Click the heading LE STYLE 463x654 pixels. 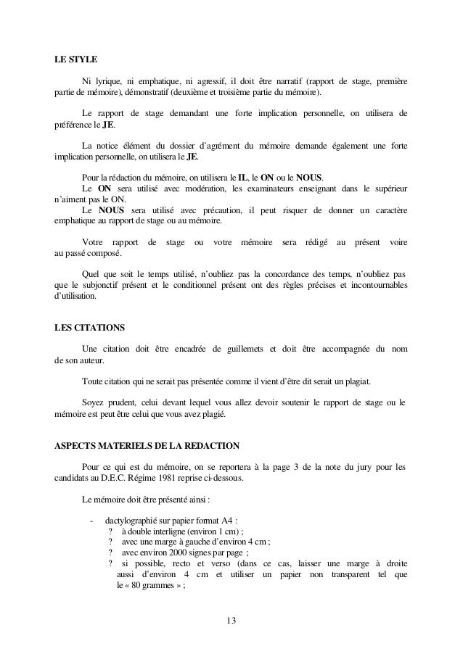pyautogui.click(x=76, y=59)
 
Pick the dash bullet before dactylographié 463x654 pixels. pyautogui.click(x=91, y=519)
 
